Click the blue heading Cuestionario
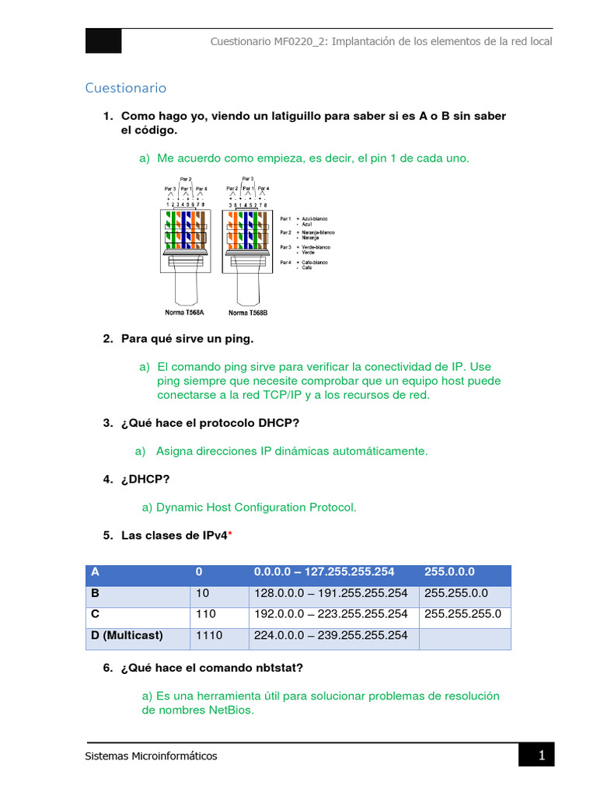coord(125,88)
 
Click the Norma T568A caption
coord(184,312)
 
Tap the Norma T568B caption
coord(249,312)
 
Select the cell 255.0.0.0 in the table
coord(450,572)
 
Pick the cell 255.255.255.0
coord(463,614)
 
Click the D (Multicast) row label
coord(127,635)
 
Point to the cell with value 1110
coord(209,635)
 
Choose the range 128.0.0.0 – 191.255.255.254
coord(330,593)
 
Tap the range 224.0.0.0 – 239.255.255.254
coord(330,635)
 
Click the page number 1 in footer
coord(542,755)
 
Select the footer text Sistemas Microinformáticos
coord(152,756)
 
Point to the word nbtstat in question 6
coord(283,668)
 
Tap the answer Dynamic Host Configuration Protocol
coord(256,507)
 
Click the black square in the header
coord(103,41)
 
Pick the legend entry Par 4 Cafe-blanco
coord(306,263)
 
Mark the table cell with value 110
coord(206,614)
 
